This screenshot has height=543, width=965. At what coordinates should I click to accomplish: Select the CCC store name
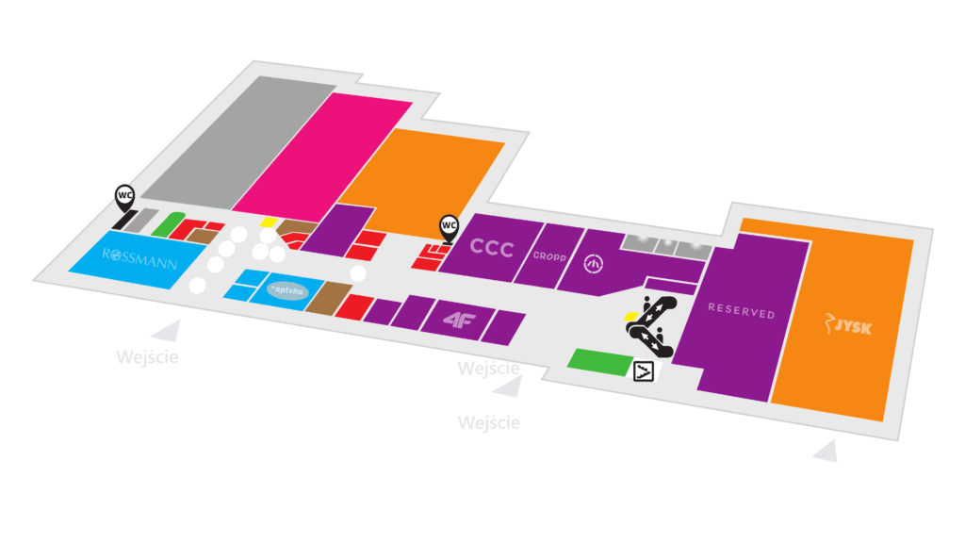click(491, 247)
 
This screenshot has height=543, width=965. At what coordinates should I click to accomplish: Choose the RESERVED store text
click(741, 312)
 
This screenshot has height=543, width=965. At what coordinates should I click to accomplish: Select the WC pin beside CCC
click(450, 226)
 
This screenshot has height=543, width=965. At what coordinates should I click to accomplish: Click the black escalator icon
click(649, 325)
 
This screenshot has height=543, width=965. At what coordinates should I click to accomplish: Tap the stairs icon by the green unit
click(645, 370)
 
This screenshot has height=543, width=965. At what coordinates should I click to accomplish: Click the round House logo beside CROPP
click(594, 266)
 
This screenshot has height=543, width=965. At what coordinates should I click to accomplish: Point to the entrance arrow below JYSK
click(826, 452)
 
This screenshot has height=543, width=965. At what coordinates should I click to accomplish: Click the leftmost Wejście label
click(147, 357)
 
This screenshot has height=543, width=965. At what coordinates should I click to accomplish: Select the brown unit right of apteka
click(322, 299)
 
